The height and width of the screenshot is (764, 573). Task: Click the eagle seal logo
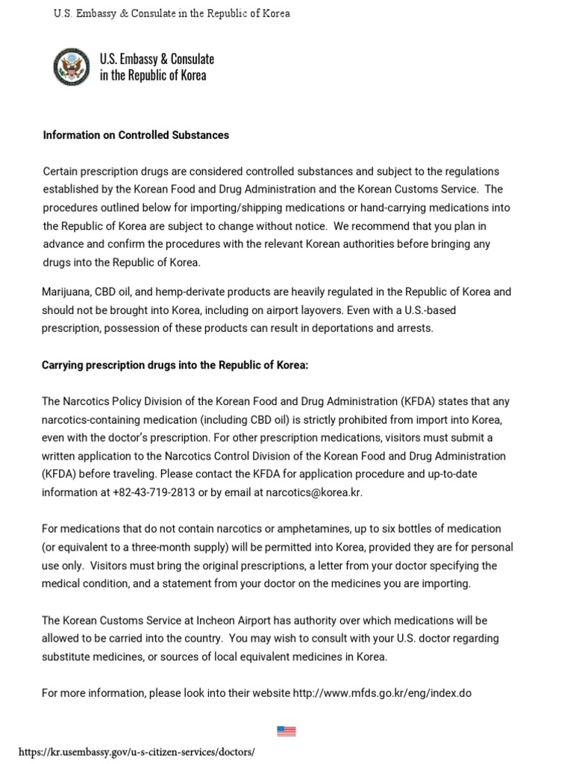coord(72,67)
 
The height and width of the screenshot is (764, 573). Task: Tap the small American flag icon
coord(286,731)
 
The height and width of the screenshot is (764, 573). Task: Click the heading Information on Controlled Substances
coord(136,135)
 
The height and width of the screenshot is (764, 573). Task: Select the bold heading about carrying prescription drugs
coord(175,365)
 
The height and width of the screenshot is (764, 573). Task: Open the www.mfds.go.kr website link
coord(382,693)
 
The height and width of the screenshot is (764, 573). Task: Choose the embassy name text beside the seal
coord(157,67)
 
